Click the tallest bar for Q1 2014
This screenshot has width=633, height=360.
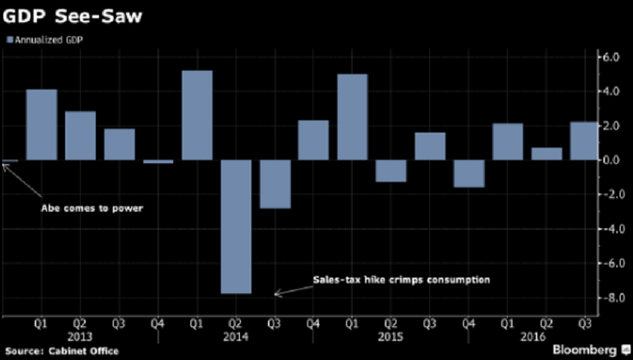196,115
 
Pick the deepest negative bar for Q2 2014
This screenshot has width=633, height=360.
235,227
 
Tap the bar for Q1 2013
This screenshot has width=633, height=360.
41,124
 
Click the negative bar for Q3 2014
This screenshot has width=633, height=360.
274,184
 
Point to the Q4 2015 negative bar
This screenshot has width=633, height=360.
468,174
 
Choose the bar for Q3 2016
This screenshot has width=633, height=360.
584,141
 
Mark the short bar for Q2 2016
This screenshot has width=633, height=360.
546,153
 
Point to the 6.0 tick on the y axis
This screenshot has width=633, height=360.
607,57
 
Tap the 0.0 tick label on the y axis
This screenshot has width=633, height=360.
607,160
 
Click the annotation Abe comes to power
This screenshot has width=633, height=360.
91,208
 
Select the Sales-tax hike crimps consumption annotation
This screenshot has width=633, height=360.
401,279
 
